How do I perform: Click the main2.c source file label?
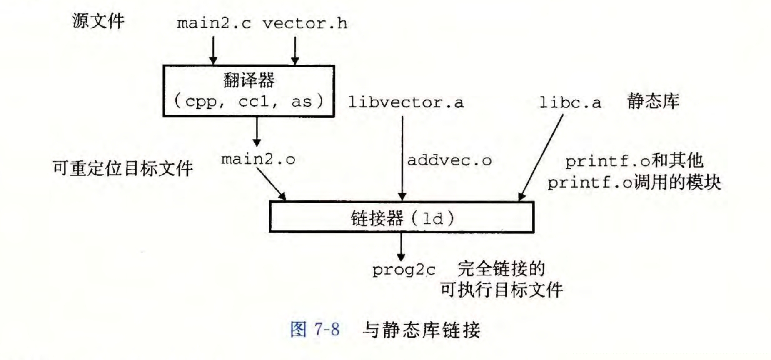(x=214, y=23)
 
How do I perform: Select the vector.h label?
(x=305, y=23)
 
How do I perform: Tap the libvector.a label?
(x=405, y=102)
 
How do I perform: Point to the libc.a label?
(x=570, y=102)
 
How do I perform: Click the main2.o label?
(x=258, y=159)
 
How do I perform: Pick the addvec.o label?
(x=449, y=160)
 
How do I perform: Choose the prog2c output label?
(x=403, y=270)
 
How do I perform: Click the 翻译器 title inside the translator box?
(x=249, y=80)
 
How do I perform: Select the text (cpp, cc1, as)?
(x=249, y=101)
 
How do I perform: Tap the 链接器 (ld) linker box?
(x=402, y=217)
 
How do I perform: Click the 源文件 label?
(x=98, y=21)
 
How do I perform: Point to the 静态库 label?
(x=653, y=101)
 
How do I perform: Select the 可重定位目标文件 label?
(x=122, y=168)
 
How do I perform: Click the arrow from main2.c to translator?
(x=213, y=50)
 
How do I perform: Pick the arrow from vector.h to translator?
(x=295, y=50)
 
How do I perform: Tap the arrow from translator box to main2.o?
(x=257, y=131)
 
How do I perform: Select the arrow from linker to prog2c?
(x=401, y=247)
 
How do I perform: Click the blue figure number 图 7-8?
(x=315, y=330)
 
